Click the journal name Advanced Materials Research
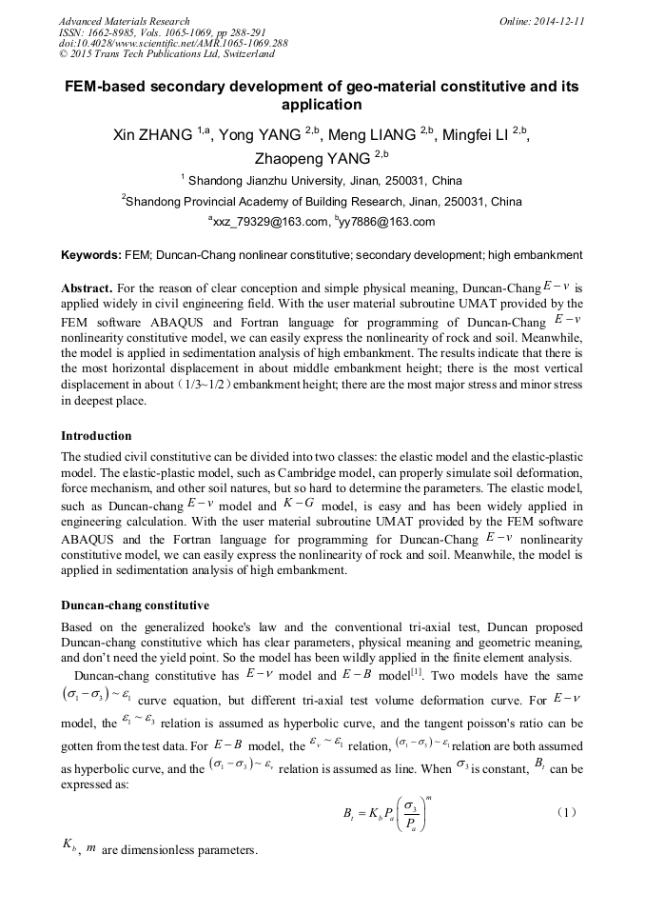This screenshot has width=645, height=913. coord(124,21)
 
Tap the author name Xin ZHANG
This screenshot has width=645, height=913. coord(151,135)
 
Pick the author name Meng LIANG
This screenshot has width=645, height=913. coord(372,135)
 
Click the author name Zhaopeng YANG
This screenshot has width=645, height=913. coord(313,159)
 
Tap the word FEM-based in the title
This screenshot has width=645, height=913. coord(107,87)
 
